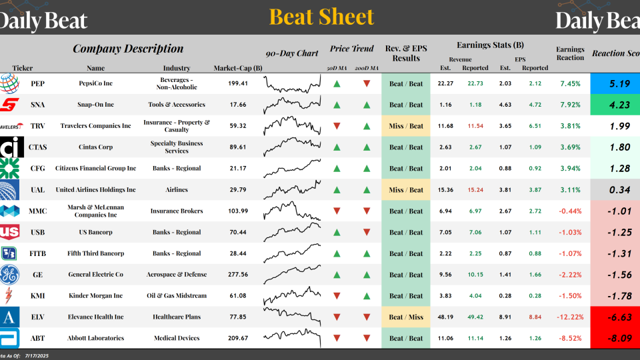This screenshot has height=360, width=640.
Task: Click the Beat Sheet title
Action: coord(321,17)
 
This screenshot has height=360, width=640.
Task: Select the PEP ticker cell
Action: coord(38,83)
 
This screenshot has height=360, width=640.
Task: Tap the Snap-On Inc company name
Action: coord(95,105)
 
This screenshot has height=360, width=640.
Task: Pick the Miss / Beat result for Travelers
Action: coord(406,126)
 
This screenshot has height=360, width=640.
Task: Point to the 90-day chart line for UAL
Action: coord(293,189)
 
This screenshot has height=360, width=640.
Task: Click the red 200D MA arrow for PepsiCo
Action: coord(367,84)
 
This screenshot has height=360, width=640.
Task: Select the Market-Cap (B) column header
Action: coord(238,68)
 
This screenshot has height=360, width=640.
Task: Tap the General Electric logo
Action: coord(9,275)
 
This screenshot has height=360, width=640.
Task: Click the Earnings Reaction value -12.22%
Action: coord(570,317)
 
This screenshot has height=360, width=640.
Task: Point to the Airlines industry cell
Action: coord(177,190)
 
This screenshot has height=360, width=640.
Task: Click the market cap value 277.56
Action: coord(238,275)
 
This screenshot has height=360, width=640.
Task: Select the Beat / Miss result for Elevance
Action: coord(406,317)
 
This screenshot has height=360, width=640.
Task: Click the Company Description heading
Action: coord(128,49)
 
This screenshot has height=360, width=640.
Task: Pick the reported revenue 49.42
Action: coord(475,317)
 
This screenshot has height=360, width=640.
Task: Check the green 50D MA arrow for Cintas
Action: coord(337,147)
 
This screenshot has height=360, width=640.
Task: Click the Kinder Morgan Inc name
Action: coord(95,296)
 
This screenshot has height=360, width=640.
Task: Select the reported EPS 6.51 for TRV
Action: coord(535,126)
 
